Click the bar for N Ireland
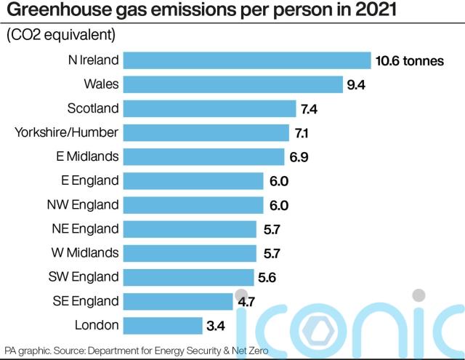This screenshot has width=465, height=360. click(247, 60)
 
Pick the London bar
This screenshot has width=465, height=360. click(163, 324)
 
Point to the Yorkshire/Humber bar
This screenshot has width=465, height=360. click(207, 132)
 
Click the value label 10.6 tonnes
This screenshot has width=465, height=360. click(410, 61)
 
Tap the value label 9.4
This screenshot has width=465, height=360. click(356, 85)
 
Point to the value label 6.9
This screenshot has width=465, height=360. click(299, 157)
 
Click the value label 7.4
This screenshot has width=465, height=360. click(310, 109)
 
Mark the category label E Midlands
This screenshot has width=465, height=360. click(87, 156)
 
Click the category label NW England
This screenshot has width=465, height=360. click(83, 204)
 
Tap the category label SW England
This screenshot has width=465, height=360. click(84, 276)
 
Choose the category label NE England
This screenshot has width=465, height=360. click(85, 228)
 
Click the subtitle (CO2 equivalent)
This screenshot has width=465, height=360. click(60, 34)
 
